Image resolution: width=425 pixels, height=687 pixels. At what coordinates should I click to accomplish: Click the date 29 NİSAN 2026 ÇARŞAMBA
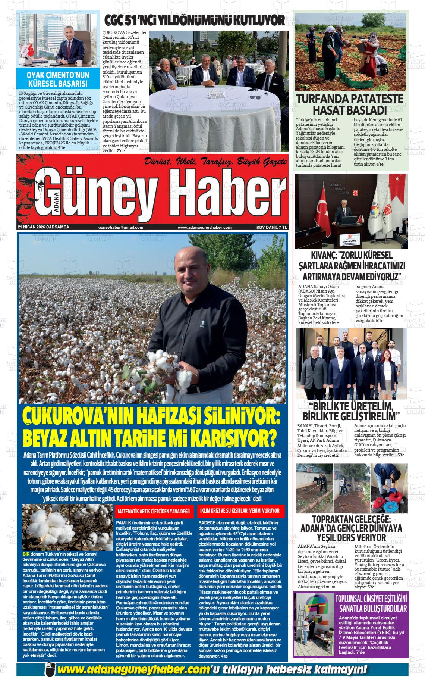click(x=43, y=227)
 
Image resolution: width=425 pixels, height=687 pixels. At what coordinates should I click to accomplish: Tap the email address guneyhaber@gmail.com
click(x=121, y=227)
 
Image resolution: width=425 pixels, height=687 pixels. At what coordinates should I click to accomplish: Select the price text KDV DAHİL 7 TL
click(x=271, y=227)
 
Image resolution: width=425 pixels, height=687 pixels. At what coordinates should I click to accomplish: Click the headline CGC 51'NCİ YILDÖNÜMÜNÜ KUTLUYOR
click(x=194, y=20)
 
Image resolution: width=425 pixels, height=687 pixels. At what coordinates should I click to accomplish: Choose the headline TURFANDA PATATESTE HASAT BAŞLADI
click(x=349, y=104)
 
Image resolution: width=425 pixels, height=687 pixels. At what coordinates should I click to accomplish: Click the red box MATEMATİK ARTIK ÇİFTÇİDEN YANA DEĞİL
click(x=154, y=511)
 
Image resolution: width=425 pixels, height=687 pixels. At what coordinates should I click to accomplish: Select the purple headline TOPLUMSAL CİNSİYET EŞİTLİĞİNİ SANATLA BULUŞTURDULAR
click(x=371, y=604)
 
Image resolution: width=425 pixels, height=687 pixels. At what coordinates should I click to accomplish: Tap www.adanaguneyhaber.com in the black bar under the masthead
click(x=204, y=227)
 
